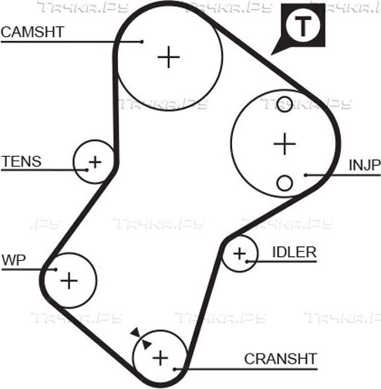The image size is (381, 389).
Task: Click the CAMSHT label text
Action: (32, 32)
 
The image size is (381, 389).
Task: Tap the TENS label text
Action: (22, 161)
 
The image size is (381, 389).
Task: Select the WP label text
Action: (14, 260)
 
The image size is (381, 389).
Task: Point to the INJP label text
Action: (365, 165)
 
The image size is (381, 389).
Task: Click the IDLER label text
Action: (295, 252)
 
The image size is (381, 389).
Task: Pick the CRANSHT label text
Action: (281, 359)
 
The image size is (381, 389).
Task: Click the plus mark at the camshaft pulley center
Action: (169, 57)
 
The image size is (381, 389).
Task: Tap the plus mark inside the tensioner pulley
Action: (95, 162)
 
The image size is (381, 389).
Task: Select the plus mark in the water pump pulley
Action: (69, 280)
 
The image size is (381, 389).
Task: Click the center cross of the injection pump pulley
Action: (285, 144)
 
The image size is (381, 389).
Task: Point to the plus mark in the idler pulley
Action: (240, 254)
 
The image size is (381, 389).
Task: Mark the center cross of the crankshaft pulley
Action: (160, 358)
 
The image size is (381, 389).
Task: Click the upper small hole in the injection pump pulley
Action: (285, 104)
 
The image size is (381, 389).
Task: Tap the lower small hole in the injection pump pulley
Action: (285, 183)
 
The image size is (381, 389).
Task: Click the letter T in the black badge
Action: (303, 26)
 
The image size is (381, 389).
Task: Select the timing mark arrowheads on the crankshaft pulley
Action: (141, 338)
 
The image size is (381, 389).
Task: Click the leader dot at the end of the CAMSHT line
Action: (142, 42)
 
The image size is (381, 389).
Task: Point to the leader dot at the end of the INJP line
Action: (305, 175)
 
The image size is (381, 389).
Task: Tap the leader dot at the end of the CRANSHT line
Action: (174, 370)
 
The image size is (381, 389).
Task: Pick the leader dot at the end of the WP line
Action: (56, 269)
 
